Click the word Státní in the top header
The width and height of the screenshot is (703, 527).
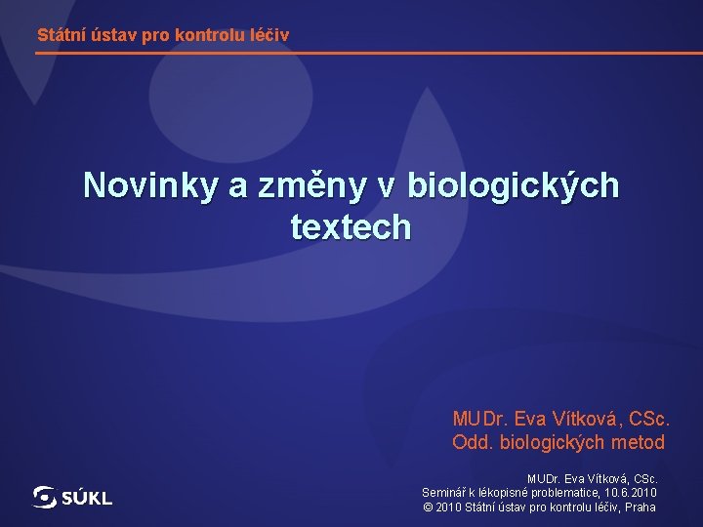coord(61,35)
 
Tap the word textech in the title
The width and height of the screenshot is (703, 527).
coord(351,227)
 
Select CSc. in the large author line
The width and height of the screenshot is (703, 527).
coord(648,419)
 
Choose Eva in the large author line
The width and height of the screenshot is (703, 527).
coord(531,419)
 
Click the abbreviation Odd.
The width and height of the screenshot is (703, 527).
coord(472,442)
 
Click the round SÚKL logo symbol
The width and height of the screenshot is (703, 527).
coord(45,498)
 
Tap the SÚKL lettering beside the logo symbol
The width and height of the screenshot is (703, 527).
coord(88,499)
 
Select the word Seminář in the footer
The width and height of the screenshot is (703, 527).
coord(443,493)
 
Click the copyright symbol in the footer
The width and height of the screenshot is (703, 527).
coord(428,507)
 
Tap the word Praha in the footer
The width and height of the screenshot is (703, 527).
coord(641,507)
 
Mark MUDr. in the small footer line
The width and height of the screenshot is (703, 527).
coord(544,479)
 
